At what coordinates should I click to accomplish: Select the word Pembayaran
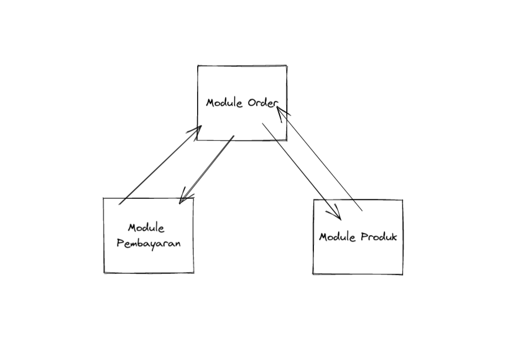[149, 243]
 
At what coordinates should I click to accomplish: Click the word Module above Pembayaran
[146, 228]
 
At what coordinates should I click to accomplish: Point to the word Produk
[379, 237]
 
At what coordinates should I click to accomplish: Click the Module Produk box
[358, 259]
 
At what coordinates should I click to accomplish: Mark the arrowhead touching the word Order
[281, 112]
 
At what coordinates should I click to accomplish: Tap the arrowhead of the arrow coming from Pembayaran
[197, 129]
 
